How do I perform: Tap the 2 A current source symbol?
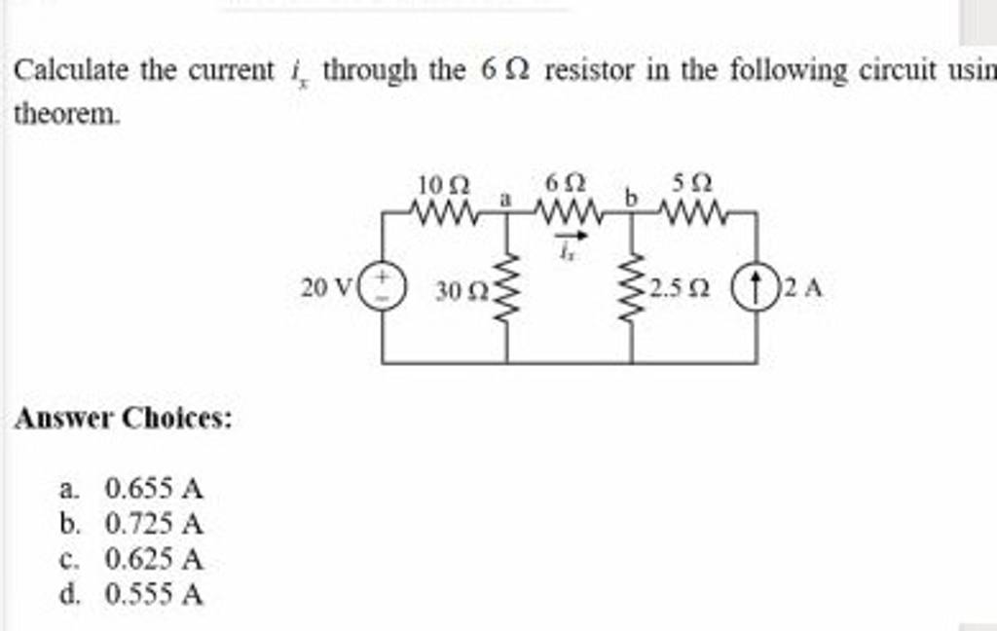tap(757, 288)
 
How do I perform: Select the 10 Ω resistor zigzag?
tap(443, 209)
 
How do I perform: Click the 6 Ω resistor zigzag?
tap(569, 209)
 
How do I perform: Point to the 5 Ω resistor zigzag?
tap(694, 209)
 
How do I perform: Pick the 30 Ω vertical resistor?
tap(506, 288)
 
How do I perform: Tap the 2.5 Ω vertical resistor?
tap(633, 288)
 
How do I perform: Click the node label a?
tap(504, 198)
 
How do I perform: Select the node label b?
tap(630, 199)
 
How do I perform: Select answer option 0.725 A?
tap(155, 525)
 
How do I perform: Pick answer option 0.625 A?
tap(155, 560)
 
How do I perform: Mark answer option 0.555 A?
tap(155, 595)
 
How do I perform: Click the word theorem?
tap(66, 114)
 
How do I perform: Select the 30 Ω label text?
tap(457, 291)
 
